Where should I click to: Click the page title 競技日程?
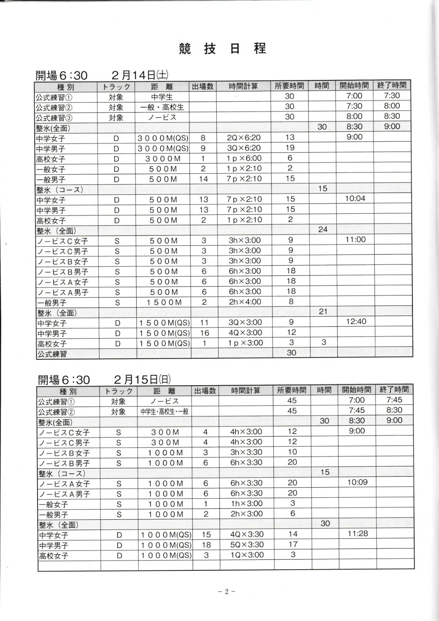click(x=222, y=49)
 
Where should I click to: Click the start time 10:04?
click(x=355, y=199)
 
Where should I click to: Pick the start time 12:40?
click(x=356, y=322)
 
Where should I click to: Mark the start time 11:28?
click(x=358, y=534)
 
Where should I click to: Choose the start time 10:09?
click(x=357, y=482)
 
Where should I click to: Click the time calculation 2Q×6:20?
click(x=244, y=138)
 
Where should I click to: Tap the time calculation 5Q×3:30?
click(x=247, y=544)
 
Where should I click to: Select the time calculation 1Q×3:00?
click(x=247, y=555)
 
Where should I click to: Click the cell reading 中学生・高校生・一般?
click(x=164, y=411)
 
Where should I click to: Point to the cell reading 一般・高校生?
click(x=162, y=107)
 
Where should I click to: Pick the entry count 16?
click(x=204, y=333)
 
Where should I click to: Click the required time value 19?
click(x=290, y=148)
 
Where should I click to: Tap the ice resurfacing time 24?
click(x=323, y=230)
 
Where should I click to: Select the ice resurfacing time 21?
click(x=323, y=312)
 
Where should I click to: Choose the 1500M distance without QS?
click(x=164, y=302)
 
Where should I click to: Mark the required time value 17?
click(x=293, y=544)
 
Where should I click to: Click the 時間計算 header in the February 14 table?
click(x=244, y=86)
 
